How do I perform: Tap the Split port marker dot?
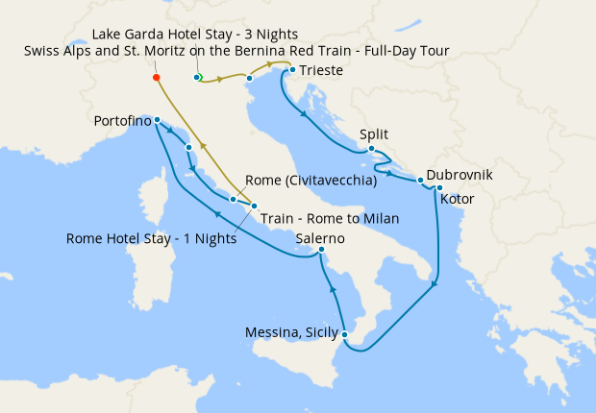point(372,148)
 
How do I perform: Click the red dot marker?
point(156,77)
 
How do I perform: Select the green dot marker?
point(198,77)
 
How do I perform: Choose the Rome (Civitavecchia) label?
point(310,180)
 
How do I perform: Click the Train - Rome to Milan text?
point(330,218)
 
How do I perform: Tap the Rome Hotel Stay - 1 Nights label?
point(151,238)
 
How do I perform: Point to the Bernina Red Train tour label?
point(236,51)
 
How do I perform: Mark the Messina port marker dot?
point(345,334)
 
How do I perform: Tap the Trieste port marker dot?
point(292,70)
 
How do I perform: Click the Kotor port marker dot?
point(438,187)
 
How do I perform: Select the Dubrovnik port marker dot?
point(420,180)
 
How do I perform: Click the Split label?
point(374,135)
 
